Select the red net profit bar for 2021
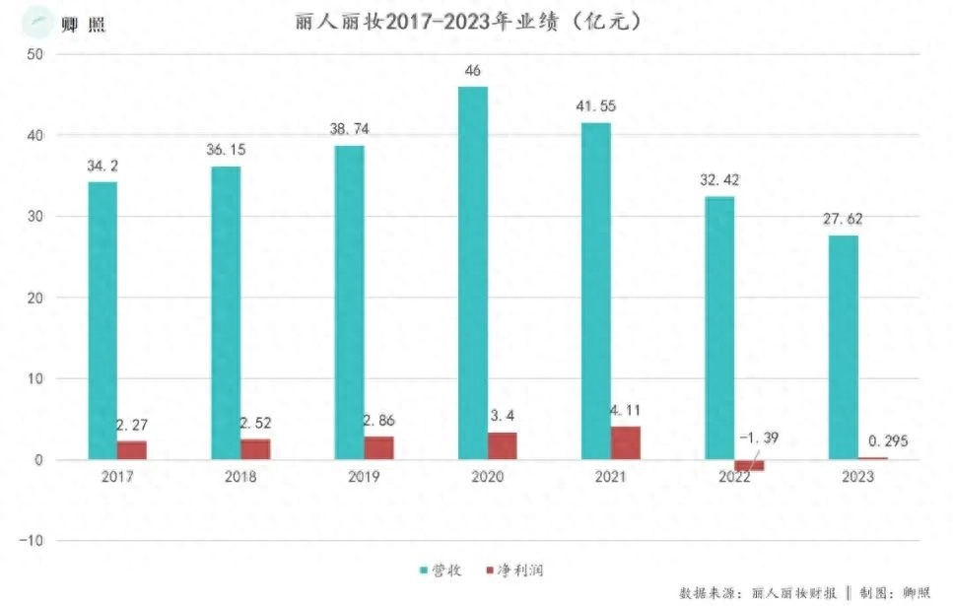[x=625, y=442]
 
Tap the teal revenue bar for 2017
[x=102, y=320]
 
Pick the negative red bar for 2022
[x=749, y=465]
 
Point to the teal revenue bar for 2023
[x=843, y=347]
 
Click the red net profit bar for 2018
[x=255, y=448]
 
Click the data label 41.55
[x=594, y=105]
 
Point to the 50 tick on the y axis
[x=34, y=54]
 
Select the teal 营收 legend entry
[x=440, y=571]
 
